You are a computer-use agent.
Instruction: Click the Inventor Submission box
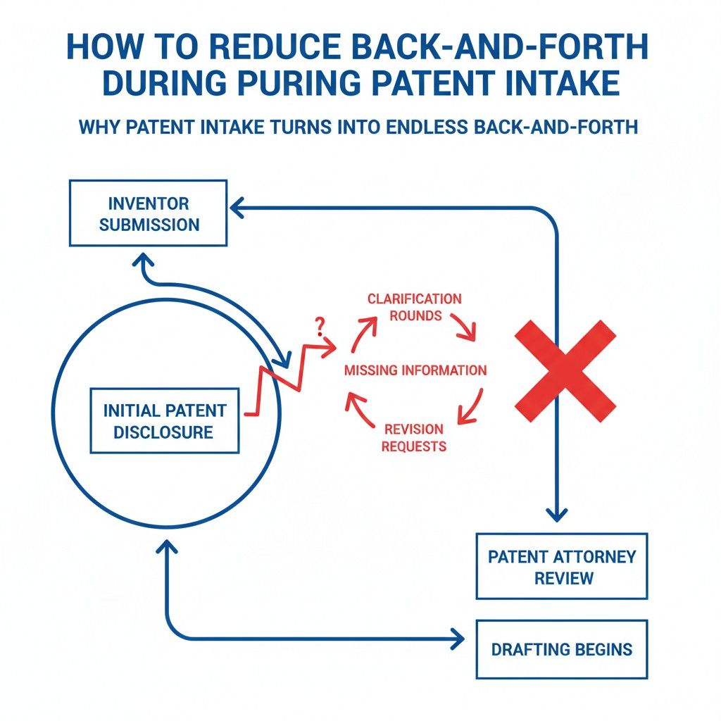coord(148,214)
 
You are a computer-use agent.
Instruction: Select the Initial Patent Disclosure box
coord(164,421)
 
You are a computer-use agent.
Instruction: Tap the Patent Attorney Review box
coord(561,567)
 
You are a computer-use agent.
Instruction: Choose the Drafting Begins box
coord(561,649)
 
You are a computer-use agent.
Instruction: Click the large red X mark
coord(565,370)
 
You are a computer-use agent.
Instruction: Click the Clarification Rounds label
coord(414,307)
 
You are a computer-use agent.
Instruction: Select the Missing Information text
coord(415,370)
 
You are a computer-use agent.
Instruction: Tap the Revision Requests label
coord(414,437)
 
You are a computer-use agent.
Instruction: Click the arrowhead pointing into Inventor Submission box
coord(237,207)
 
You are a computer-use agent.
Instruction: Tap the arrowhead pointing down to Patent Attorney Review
coord(557,516)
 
